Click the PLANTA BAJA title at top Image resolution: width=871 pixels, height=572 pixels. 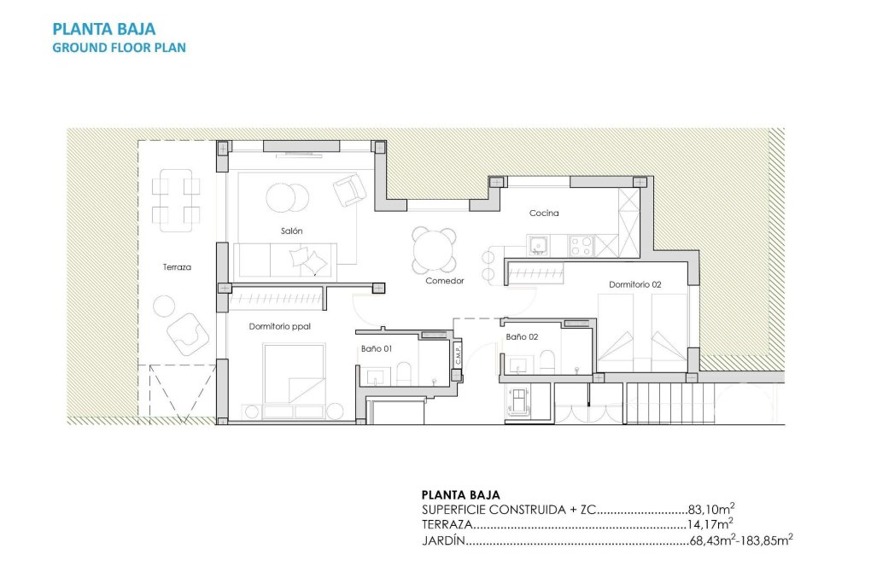click(104, 31)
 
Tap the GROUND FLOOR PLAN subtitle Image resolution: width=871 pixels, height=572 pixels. click(119, 48)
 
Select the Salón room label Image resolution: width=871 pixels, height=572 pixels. click(291, 231)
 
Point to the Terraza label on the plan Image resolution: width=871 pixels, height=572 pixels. click(177, 267)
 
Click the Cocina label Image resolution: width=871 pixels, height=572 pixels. click(544, 213)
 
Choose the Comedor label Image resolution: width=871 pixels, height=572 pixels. click(445, 281)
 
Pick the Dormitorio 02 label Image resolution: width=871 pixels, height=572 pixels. click(634, 284)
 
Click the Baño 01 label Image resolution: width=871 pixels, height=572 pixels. click(376, 348)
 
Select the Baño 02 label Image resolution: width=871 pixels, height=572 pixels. click(522, 337)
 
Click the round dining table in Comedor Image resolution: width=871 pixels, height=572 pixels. click(434, 251)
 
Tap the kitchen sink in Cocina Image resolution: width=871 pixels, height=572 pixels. click(538, 246)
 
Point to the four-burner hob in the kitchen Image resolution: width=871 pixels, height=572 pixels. click(582, 246)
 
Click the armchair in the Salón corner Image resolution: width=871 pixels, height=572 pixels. click(348, 190)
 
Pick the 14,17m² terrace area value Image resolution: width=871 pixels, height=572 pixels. click(710, 525)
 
